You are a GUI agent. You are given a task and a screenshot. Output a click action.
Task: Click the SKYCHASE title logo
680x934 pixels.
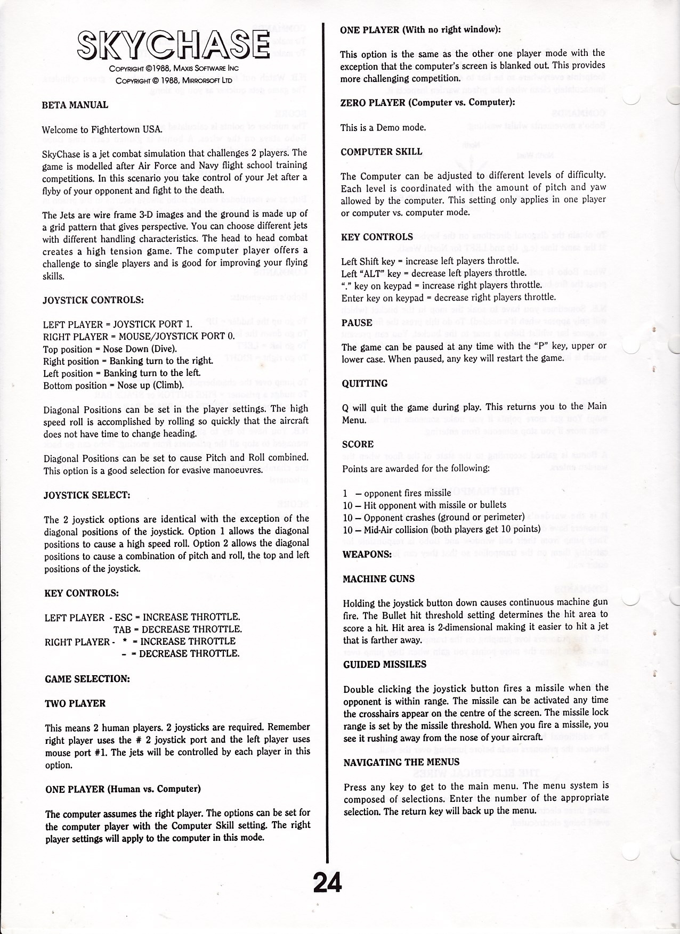coord(173,45)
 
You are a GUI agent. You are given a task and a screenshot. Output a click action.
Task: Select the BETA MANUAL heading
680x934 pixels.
coord(75,105)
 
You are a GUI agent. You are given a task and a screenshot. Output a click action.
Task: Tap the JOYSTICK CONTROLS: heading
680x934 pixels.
coord(93,300)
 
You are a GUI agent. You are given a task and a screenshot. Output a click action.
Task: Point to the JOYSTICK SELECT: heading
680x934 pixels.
coord(87,495)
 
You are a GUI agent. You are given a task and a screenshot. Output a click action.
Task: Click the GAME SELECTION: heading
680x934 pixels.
coord(87,679)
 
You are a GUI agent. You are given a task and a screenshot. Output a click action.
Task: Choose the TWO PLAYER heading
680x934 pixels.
coord(75,703)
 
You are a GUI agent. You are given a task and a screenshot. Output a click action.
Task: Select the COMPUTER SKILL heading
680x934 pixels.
coord(382,152)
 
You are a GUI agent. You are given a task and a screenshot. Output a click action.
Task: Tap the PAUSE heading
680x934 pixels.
coord(357,323)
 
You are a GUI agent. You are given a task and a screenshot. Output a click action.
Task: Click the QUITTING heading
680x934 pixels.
coord(365,383)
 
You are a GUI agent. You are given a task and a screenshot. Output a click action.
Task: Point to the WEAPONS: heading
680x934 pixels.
coord(367,554)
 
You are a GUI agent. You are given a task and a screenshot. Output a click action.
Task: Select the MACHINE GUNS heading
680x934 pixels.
coord(378,579)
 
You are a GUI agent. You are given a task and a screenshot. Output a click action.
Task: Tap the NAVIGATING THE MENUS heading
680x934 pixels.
coord(401,762)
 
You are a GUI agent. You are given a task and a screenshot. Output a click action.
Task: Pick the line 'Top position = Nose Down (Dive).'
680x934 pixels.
coord(110,349)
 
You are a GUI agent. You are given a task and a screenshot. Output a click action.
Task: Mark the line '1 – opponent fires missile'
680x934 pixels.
coord(397,493)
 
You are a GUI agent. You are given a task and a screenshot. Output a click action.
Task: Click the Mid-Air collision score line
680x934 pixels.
coord(442,529)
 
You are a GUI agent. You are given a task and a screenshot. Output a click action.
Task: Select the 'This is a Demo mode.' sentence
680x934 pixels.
coord(383,127)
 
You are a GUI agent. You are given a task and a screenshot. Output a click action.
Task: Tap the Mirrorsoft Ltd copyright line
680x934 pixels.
coord(173,80)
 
